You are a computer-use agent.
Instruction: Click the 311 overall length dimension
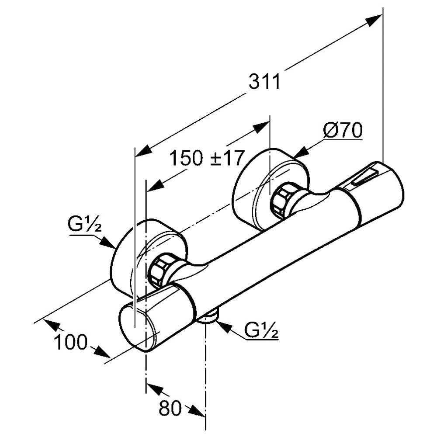264,82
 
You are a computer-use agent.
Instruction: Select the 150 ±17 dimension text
206,158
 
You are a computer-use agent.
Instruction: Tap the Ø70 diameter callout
343,131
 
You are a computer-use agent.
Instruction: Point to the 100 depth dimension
70,342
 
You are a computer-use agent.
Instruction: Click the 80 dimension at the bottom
171,409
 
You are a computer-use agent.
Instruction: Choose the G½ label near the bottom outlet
261,331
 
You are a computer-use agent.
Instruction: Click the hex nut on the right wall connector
283,200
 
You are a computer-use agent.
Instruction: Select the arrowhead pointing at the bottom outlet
223,326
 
